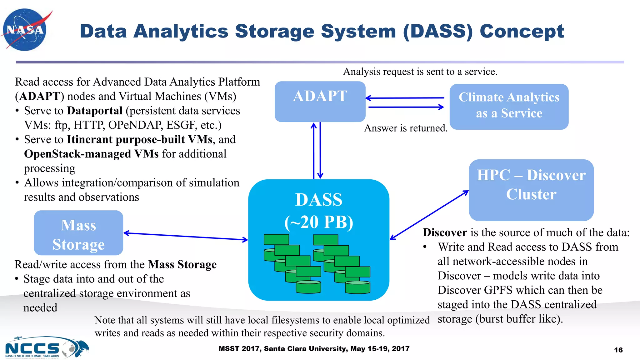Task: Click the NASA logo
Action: pyautogui.click(x=25, y=30)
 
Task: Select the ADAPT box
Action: pyautogui.click(x=320, y=102)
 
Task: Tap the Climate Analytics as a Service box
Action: pyautogui.click(x=509, y=106)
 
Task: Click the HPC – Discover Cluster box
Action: pyautogui.click(x=531, y=190)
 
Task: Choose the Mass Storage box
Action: pyautogui.click(x=78, y=233)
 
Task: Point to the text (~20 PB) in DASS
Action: pyautogui.click(x=319, y=222)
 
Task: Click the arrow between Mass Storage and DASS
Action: pyautogui.click(x=186, y=237)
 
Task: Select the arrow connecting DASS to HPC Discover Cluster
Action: pyautogui.click(x=429, y=215)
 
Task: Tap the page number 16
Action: pyautogui.click(x=618, y=350)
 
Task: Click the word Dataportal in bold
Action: pyautogui.click(x=95, y=111)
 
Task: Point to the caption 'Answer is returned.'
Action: pyautogui.click(x=406, y=128)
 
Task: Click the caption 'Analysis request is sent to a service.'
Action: pyautogui.click(x=420, y=72)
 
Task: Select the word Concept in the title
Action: pyautogui.click(x=522, y=31)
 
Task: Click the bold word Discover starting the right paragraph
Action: pyautogui.click(x=445, y=232)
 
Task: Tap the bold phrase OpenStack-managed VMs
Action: pyautogui.click(x=91, y=154)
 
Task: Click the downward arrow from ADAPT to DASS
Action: pyautogui.click(x=320, y=150)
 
